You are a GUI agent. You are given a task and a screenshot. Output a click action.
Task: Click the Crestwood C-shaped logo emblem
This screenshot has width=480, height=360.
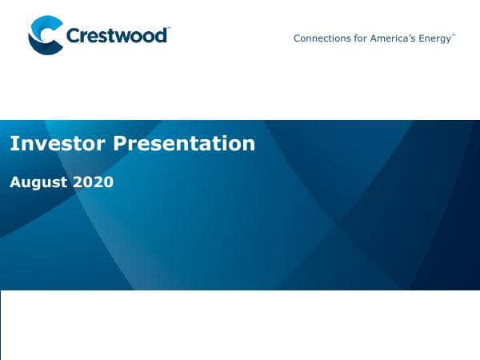pyautogui.click(x=44, y=36)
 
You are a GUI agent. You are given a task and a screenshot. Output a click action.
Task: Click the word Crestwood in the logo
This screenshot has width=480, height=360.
pyautogui.click(x=116, y=36)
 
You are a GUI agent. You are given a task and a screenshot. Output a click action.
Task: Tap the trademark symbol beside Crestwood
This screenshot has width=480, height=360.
pyautogui.click(x=170, y=29)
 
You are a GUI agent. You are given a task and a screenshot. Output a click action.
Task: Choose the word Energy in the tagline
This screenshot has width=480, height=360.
pyautogui.click(x=435, y=38)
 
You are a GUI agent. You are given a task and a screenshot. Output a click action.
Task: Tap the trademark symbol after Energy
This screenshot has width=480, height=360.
pyautogui.click(x=454, y=35)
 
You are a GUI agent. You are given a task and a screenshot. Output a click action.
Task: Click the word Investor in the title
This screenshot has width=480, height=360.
pyautogui.click(x=57, y=143)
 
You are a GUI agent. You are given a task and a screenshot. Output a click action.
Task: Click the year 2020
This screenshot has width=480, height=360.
pyautogui.click(x=94, y=182)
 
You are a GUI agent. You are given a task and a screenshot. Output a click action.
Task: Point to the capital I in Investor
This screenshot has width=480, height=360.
pyautogui.click(x=13, y=143)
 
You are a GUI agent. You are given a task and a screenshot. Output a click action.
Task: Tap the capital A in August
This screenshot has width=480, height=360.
pyautogui.click(x=14, y=182)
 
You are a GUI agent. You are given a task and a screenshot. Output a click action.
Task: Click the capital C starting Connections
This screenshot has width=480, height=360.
pyautogui.click(x=298, y=38)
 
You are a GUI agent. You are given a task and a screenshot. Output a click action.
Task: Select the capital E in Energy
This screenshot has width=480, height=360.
pyautogui.click(x=422, y=38)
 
